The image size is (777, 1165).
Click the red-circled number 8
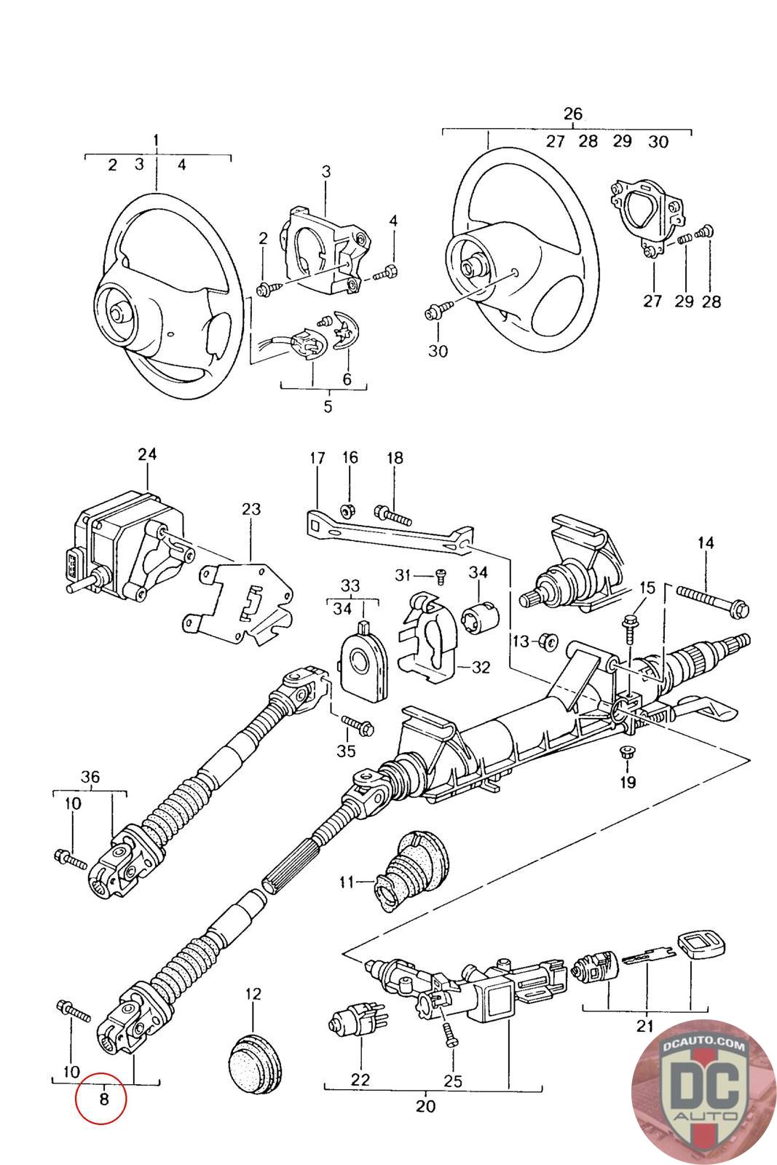click(103, 1098)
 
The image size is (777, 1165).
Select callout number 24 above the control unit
click(147, 454)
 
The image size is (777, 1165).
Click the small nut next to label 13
click(551, 641)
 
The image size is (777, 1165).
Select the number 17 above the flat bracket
click(317, 459)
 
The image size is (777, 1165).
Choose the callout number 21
click(644, 1027)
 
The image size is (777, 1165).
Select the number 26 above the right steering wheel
click(573, 114)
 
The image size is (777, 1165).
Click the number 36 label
click(90, 777)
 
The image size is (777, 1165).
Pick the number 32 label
click(481, 667)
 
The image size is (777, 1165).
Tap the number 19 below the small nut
click(628, 783)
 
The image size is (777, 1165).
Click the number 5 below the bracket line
click(328, 406)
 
